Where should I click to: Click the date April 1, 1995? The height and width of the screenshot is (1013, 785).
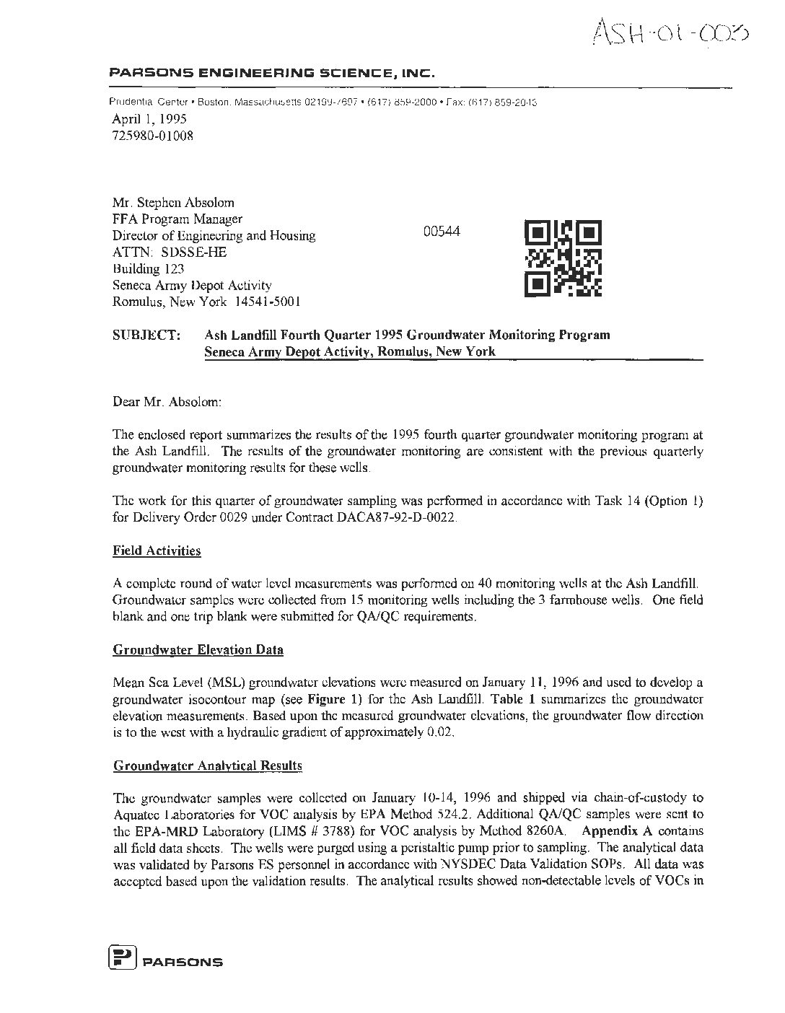(x=149, y=120)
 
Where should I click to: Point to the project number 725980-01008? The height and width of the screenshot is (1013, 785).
(x=152, y=136)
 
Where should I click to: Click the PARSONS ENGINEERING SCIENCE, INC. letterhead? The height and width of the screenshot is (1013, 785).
(x=271, y=73)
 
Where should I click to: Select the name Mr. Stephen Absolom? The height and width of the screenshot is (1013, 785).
(x=173, y=203)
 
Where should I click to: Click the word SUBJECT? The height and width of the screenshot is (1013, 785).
(x=146, y=335)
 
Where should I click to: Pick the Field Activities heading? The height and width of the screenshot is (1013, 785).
(x=157, y=551)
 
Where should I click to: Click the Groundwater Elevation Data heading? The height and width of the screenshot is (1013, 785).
(x=198, y=650)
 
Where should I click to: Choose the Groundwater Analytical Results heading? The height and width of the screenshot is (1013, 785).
(x=207, y=766)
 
